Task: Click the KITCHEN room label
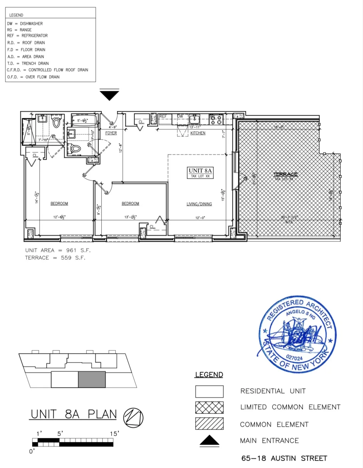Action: point(198,133)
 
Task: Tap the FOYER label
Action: point(111,133)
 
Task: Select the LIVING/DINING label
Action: point(199,204)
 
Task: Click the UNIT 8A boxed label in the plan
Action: point(200,173)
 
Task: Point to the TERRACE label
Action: point(285,174)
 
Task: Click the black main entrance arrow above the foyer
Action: point(109,95)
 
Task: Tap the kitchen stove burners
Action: point(216,120)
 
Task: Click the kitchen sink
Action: point(194,119)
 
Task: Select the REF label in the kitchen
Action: point(163,116)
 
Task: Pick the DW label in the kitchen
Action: point(180,116)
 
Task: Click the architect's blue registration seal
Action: point(297,334)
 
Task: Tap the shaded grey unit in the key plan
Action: point(92,379)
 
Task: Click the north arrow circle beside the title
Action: point(133,418)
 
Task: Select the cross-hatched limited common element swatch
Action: point(209,408)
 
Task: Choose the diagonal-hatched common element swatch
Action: point(209,424)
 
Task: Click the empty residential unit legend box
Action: point(209,392)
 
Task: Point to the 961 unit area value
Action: point(71,250)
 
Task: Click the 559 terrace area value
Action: point(66,258)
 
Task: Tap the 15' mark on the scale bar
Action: point(114,434)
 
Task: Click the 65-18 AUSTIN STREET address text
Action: point(284,458)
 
